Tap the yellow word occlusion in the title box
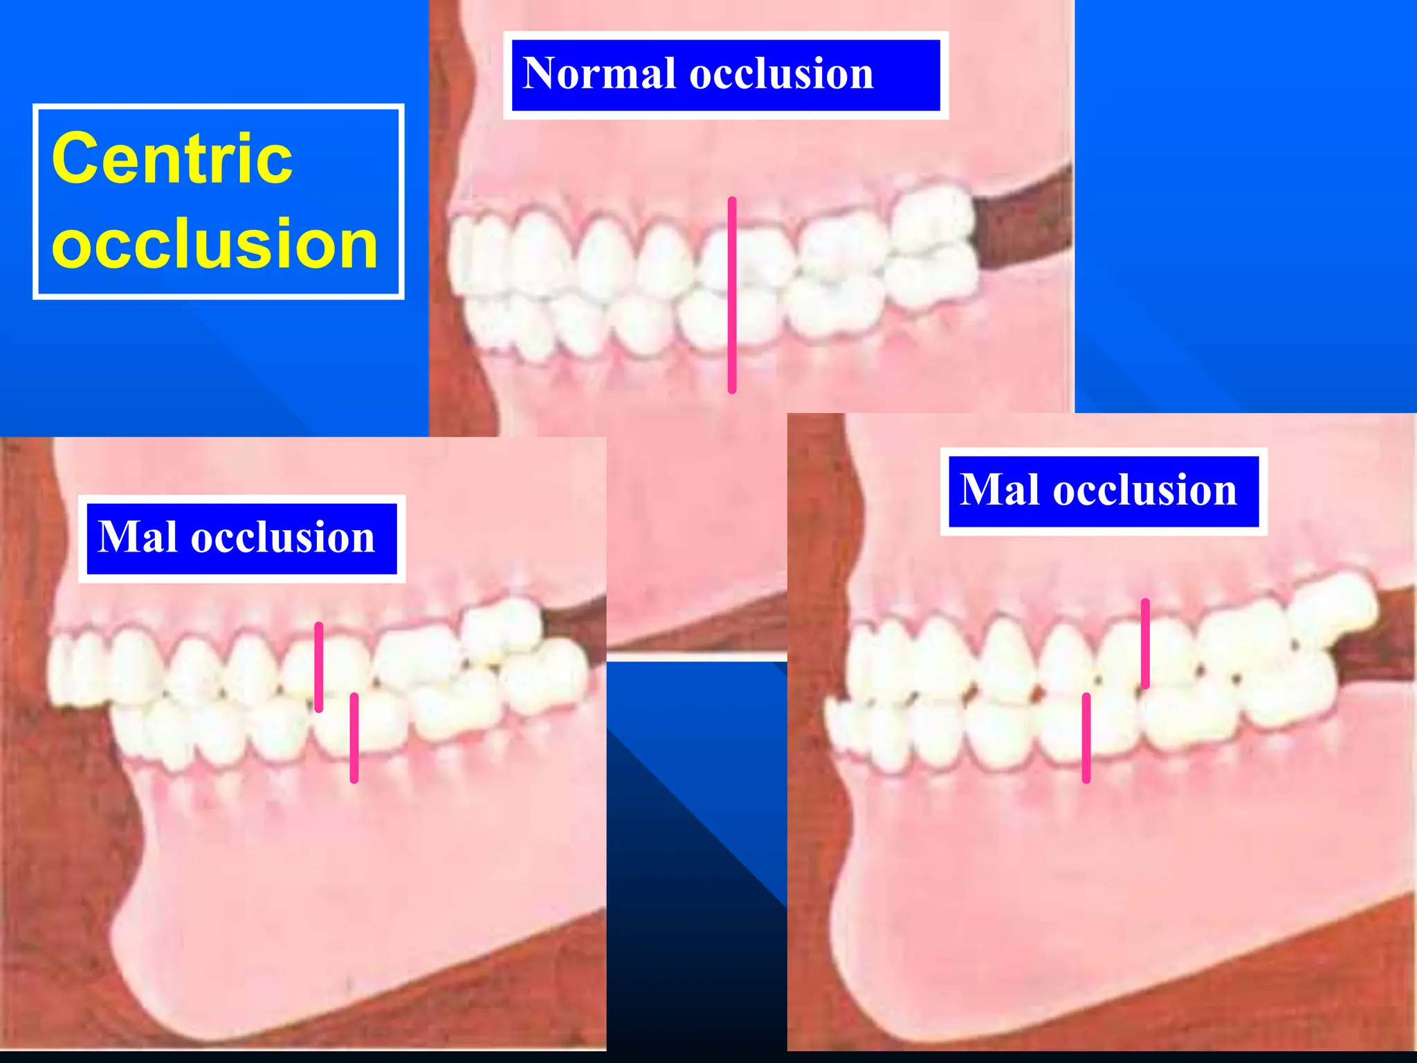(x=214, y=244)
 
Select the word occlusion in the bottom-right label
(x=1144, y=490)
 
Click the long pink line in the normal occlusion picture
(x=732, y=295)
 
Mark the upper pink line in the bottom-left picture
(x=319, y=666)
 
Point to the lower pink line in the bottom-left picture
(x=354, y=738)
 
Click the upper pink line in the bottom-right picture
(x=1145, y=644)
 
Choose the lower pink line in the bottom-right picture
(x=1086, y=738)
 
